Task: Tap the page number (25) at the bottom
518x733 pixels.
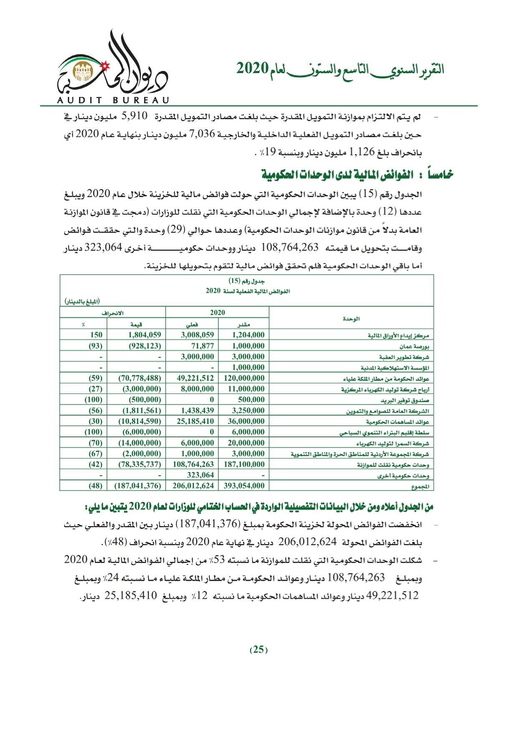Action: tap(259, 649)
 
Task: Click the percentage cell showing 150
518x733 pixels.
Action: tap(96, 335)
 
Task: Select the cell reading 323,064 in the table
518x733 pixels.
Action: tap(201, 475)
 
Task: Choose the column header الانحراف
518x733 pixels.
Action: tap(113, 313)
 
